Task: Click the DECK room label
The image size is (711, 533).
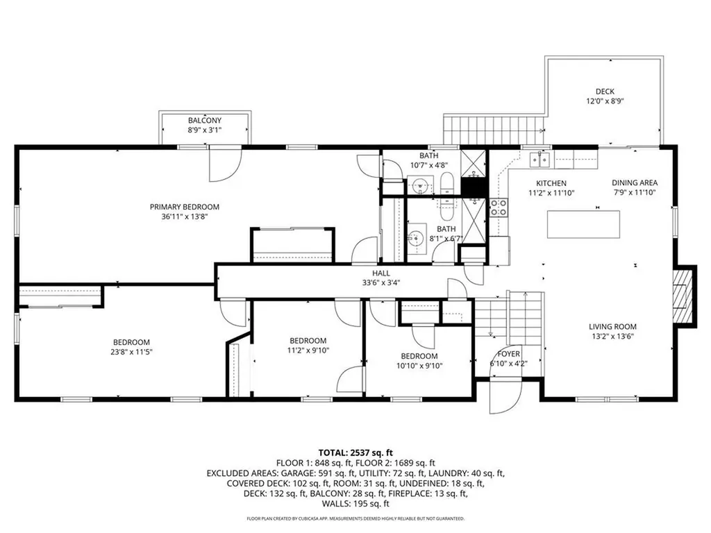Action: pyautogui.click(x=605, y=92)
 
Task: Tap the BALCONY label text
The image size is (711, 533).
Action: pyautogui.click(x=204, y=121)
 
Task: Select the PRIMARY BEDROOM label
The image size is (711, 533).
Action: pyautogui.click(x=185, y=207)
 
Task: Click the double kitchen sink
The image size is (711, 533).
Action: pyautogui.click(x=540, y=160)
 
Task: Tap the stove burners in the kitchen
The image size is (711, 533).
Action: pyautogui.click(x=499, y=208)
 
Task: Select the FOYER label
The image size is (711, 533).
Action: pyautogui.click(x=499, y=353)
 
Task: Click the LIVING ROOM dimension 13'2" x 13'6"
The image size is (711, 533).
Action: pyautogui.click(x=612, y=338)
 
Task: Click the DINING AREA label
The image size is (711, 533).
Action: pyautogui.click(x=635, y=183)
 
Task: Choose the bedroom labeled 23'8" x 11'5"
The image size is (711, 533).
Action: pyautogui.click(x=132, y=347)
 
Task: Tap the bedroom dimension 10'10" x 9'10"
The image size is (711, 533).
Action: pyautogui.click(x=419, y=366)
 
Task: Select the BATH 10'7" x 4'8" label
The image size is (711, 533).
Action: pyautogui.click(x=428, y=160)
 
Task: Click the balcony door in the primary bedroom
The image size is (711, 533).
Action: pyautogui.click(x=224, y=164)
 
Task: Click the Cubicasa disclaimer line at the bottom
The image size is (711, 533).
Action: pyautogui.click(x=355, y=518)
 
